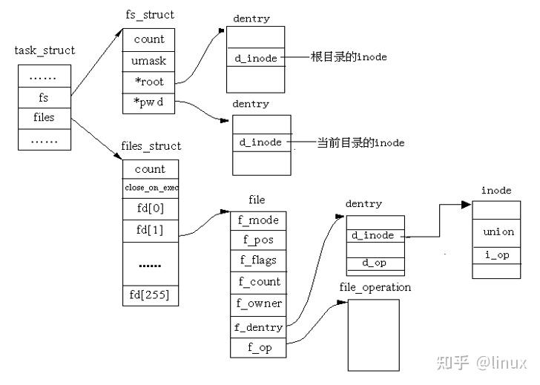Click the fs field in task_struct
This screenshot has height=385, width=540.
44,97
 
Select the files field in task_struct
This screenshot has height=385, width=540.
44,117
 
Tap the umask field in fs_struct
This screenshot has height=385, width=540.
149,60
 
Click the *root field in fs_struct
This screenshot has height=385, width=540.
149,82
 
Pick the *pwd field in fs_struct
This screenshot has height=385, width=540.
149,103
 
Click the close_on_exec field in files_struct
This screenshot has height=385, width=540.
151,188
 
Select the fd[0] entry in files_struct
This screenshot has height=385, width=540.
151,209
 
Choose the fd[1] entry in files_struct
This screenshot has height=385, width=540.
151,231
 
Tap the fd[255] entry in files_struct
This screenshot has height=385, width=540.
151,294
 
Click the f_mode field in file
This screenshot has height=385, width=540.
259,220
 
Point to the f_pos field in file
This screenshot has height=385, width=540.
259,240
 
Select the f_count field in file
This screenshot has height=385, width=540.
259,282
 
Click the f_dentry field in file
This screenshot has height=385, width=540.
259,327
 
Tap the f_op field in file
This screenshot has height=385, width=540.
259,347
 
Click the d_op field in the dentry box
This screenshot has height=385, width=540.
374,263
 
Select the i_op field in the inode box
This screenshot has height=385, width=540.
496,255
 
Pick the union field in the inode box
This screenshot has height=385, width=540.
496,232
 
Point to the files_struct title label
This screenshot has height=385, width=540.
150,146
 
